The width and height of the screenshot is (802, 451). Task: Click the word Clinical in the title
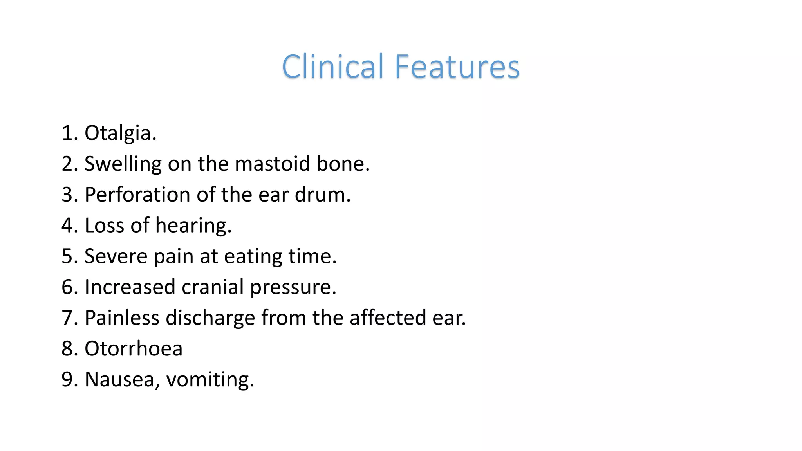coord(332,67)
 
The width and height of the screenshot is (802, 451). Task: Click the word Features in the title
coord(457,67)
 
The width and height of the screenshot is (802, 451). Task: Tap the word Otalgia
coord(120,133)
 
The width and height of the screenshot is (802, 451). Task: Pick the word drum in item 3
coord(322,195)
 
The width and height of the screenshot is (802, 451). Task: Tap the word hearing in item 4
coord(193,226)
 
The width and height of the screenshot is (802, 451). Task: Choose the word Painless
coord(122,318)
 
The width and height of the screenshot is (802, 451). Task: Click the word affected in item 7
coord(387,318)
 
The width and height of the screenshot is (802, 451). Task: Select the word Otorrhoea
coord(134,348)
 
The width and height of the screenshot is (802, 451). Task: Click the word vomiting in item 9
coord(210,380)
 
